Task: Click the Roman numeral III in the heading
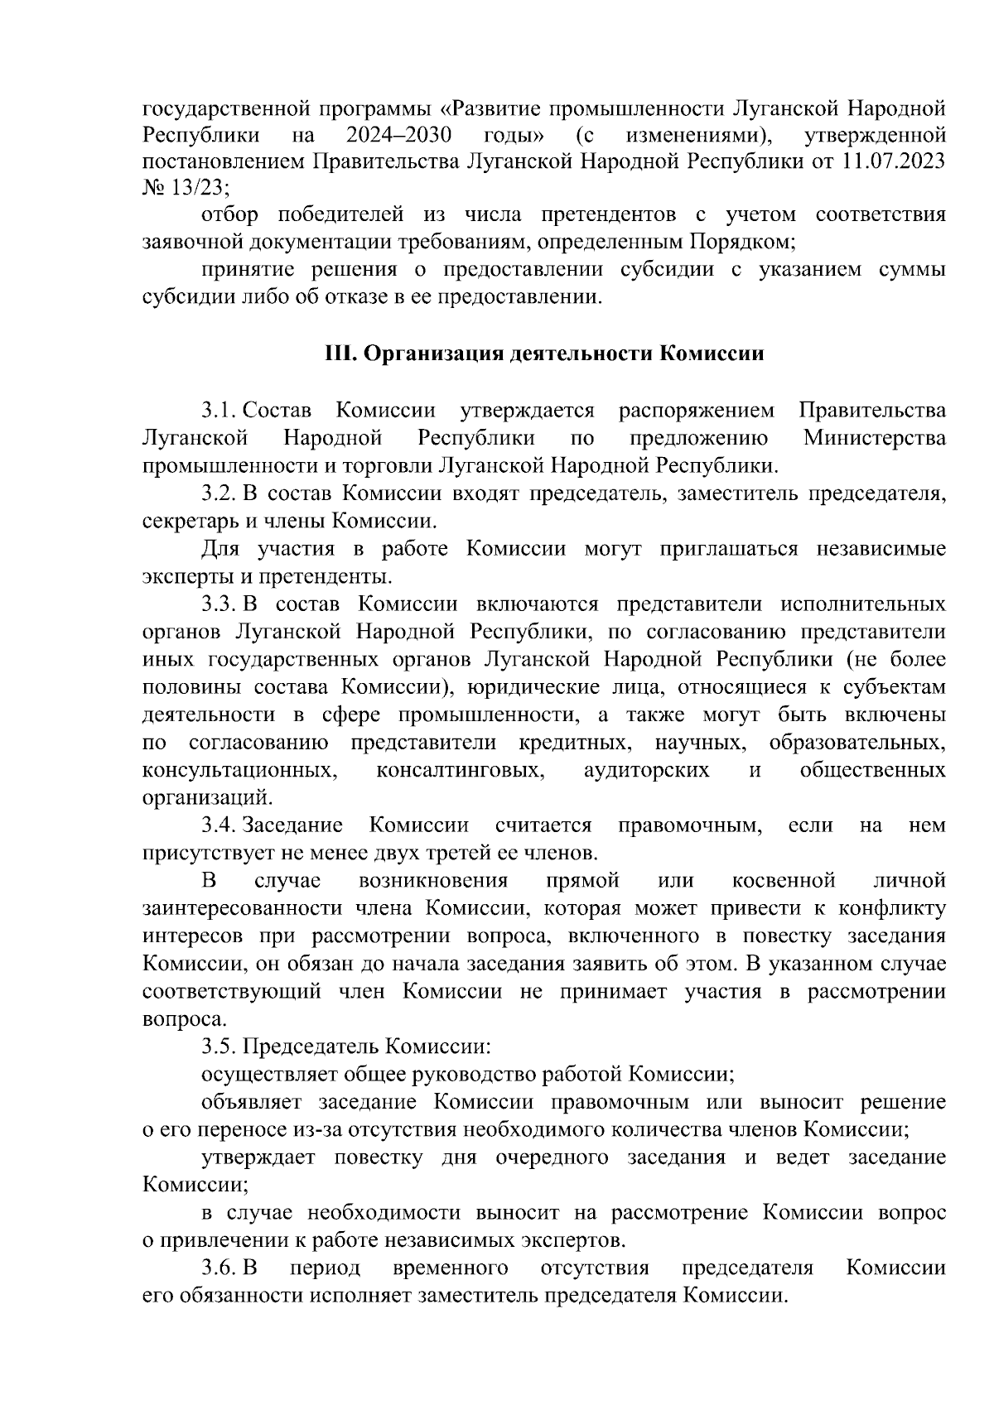click(x=340, y=354)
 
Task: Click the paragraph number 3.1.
click(x=219, y=410)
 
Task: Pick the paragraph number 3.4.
click(x=219, y=825)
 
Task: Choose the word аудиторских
click(x=647, y=770)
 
